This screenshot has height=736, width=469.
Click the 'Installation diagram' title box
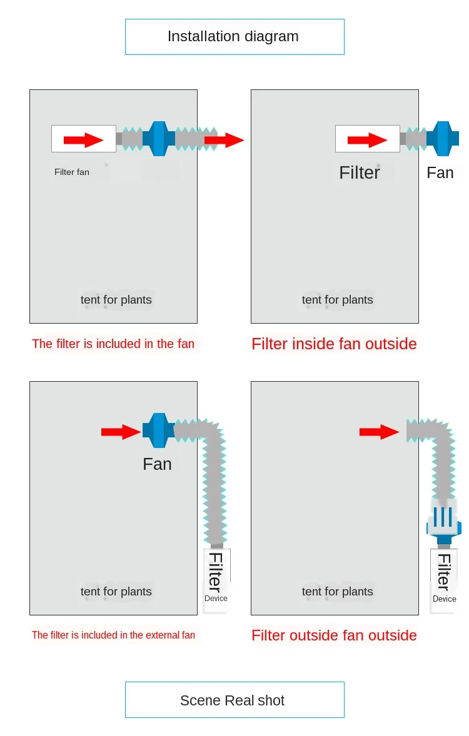point(234,37)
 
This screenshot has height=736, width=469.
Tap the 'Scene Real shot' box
point(234,700)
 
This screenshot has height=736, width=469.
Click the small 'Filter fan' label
point(72,172)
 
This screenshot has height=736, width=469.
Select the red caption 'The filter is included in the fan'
point(113,344)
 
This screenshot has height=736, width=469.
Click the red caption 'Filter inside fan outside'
point(334,344)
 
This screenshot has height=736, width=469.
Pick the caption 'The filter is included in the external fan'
point(113,635)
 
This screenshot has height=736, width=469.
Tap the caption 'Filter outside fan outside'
point(334,635)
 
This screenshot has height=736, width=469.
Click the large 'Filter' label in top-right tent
point(360,172)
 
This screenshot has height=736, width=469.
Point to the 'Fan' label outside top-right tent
point(440,172)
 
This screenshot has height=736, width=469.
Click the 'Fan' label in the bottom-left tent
point(157,464)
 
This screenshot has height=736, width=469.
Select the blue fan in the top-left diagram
point(159,138)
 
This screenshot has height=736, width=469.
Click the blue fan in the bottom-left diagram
point(159,430)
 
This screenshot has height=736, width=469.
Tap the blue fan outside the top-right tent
point(443,138)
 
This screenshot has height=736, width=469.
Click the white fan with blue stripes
point(444,520)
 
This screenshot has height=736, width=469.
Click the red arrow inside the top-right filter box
point(368,140)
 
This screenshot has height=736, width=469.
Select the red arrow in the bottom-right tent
point(379,431)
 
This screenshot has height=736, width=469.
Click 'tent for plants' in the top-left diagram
point(116,300)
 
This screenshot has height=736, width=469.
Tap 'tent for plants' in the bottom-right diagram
point(338,592)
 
